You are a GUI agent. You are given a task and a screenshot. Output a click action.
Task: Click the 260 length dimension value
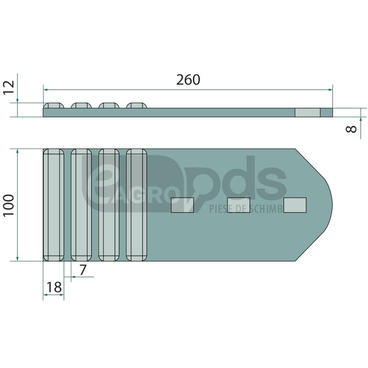pyautogui.click(x=188, y=80)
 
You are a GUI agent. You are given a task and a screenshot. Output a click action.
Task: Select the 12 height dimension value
pyautogui.click(x=9, y=87)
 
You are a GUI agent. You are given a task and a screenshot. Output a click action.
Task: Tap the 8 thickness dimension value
pyautogui.click(x=351, y=129)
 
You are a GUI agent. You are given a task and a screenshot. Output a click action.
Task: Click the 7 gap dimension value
pyautogui.click(x=83, y=270)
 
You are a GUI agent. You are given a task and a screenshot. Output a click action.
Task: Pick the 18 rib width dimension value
pyautogui.click(x=54, y=287)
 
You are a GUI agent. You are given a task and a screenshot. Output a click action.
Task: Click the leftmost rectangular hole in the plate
pyautogui.click(x=182, y=205)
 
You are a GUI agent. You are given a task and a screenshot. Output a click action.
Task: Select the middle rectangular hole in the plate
pyautogui.click(x=239, y=205)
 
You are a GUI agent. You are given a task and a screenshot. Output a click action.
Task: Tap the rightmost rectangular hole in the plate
pyautogui.click(x=295, y=205)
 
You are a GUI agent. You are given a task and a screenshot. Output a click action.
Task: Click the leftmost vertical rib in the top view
pyautogui.click(x=53, y=205)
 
